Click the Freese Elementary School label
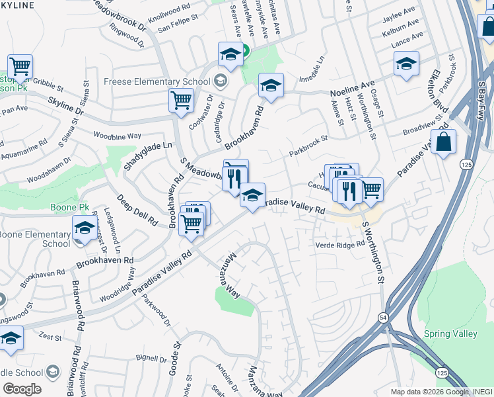click(x=157, y=82)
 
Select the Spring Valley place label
click(x=450, y=333)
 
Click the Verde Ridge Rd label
click(x=341, y=243)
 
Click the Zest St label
click(x=50, y=337)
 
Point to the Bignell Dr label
click(x=151, y=359)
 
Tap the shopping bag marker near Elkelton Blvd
click(x=443, y=142)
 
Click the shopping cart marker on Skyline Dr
click(x=181, y=101)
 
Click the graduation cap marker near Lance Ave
click(x=406, y=64)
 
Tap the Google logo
click(x=22, y=388)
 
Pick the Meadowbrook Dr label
click(x=120, y=13)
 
